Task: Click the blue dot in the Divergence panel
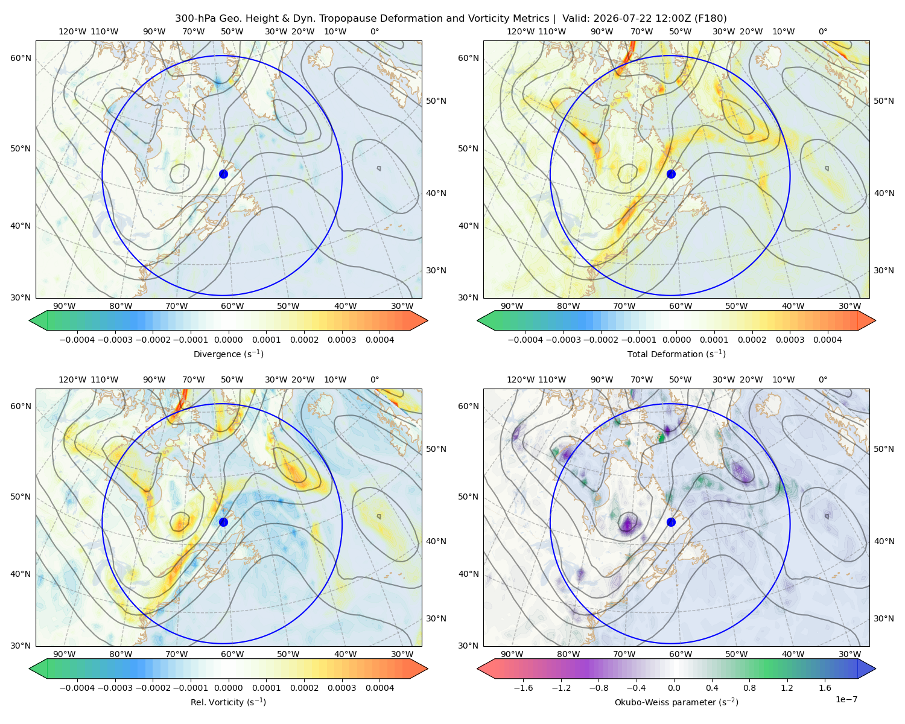tap(223, 174)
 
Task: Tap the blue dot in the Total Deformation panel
tap(671, 174)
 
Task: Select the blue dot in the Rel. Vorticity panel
tap(223, 522)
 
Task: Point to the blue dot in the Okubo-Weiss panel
tap(671, 522)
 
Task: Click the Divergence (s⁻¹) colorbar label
tap(228, 354)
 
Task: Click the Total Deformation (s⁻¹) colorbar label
tap(676, 354)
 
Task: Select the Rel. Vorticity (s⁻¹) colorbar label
tap(228, 702)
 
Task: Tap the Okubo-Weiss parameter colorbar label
tap(676, 702)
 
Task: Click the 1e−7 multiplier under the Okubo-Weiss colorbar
tap(846, 699)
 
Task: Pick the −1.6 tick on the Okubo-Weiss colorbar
tap(523, 688)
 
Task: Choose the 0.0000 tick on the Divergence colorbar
tap(228, 340)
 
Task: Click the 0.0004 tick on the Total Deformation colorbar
tap(827, 340)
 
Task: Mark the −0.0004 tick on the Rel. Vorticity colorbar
tap(77, 688)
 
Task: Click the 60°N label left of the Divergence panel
tap(21, 58)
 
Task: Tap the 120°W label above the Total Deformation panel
tap(521, 31)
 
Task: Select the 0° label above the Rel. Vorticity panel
tap(375, 379)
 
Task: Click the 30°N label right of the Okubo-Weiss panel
tap(884, 618)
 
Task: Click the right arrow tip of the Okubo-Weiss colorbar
tap(875, 668)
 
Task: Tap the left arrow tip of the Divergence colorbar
tap(30, 320)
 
